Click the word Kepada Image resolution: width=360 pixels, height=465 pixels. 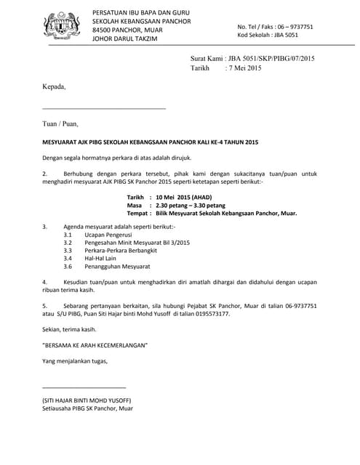[x=54, y=86]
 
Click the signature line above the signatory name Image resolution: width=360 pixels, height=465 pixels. [x=84, y=387]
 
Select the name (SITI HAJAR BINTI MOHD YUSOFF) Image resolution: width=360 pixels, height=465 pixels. [x=87, y=400]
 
